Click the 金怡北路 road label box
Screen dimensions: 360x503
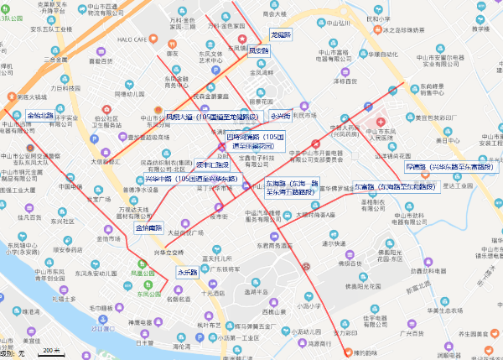tap(40, 115)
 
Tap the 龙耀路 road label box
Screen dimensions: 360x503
tap(280, 34)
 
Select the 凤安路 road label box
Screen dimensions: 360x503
tap(259, 51)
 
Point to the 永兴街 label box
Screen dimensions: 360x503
tap(279, 115)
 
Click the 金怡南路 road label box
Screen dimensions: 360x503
tap(148, 228)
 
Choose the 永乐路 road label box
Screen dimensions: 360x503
tap(187, 272)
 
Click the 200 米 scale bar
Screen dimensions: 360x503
tap(51, 350)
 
